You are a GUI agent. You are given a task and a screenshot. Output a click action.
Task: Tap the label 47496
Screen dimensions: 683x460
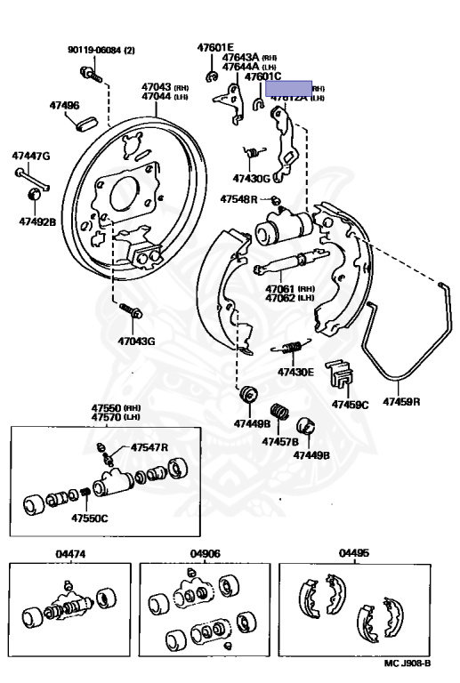[x=64, y=105]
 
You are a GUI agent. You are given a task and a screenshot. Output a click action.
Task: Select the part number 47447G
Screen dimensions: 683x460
[x=30, y=156]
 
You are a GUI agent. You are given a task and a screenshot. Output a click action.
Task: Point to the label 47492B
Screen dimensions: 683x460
[x=36, y=221]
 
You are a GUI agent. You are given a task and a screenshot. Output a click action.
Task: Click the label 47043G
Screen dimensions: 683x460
[x=136, y=341]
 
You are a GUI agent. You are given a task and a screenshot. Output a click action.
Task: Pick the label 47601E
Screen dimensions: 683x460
[x=214, y=47]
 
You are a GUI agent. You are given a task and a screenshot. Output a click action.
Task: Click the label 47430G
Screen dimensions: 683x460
[x=251, y=178]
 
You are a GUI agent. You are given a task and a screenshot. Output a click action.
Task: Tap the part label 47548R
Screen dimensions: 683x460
[x=238, y=199]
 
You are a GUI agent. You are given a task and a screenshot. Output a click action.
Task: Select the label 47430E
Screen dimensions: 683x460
[x=295, y=372]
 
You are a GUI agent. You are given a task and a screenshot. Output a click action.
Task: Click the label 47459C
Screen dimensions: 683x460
[x=350, y=405]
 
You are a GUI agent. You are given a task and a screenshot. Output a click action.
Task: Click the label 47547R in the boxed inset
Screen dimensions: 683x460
[x=149, y=446]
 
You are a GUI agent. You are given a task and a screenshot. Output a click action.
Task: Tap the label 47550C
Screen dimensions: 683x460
[x=90, y=518]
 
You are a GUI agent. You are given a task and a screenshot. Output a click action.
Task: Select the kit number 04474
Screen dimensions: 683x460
[x=69, y=553]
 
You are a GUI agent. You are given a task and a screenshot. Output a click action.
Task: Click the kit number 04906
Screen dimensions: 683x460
[x=205, y=553]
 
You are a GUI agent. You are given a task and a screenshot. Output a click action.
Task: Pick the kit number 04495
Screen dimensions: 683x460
[x=353, y=553]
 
